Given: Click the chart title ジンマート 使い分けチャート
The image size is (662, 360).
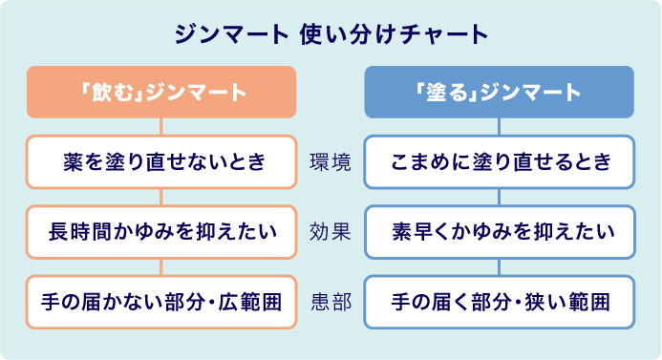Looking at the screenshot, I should point(331,34).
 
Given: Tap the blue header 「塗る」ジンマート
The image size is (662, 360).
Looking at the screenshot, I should point(500,92).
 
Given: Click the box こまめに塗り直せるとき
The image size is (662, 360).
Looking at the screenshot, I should point(500,161).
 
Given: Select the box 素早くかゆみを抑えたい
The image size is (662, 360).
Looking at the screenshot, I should point(500,231).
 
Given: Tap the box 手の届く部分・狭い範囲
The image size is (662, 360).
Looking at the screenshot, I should point(500,302).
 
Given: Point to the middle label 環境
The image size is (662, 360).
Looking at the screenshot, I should point(331,161).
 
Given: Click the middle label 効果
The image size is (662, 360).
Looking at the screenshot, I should point(331,231).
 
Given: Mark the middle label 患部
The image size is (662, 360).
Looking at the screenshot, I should point(331,302).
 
